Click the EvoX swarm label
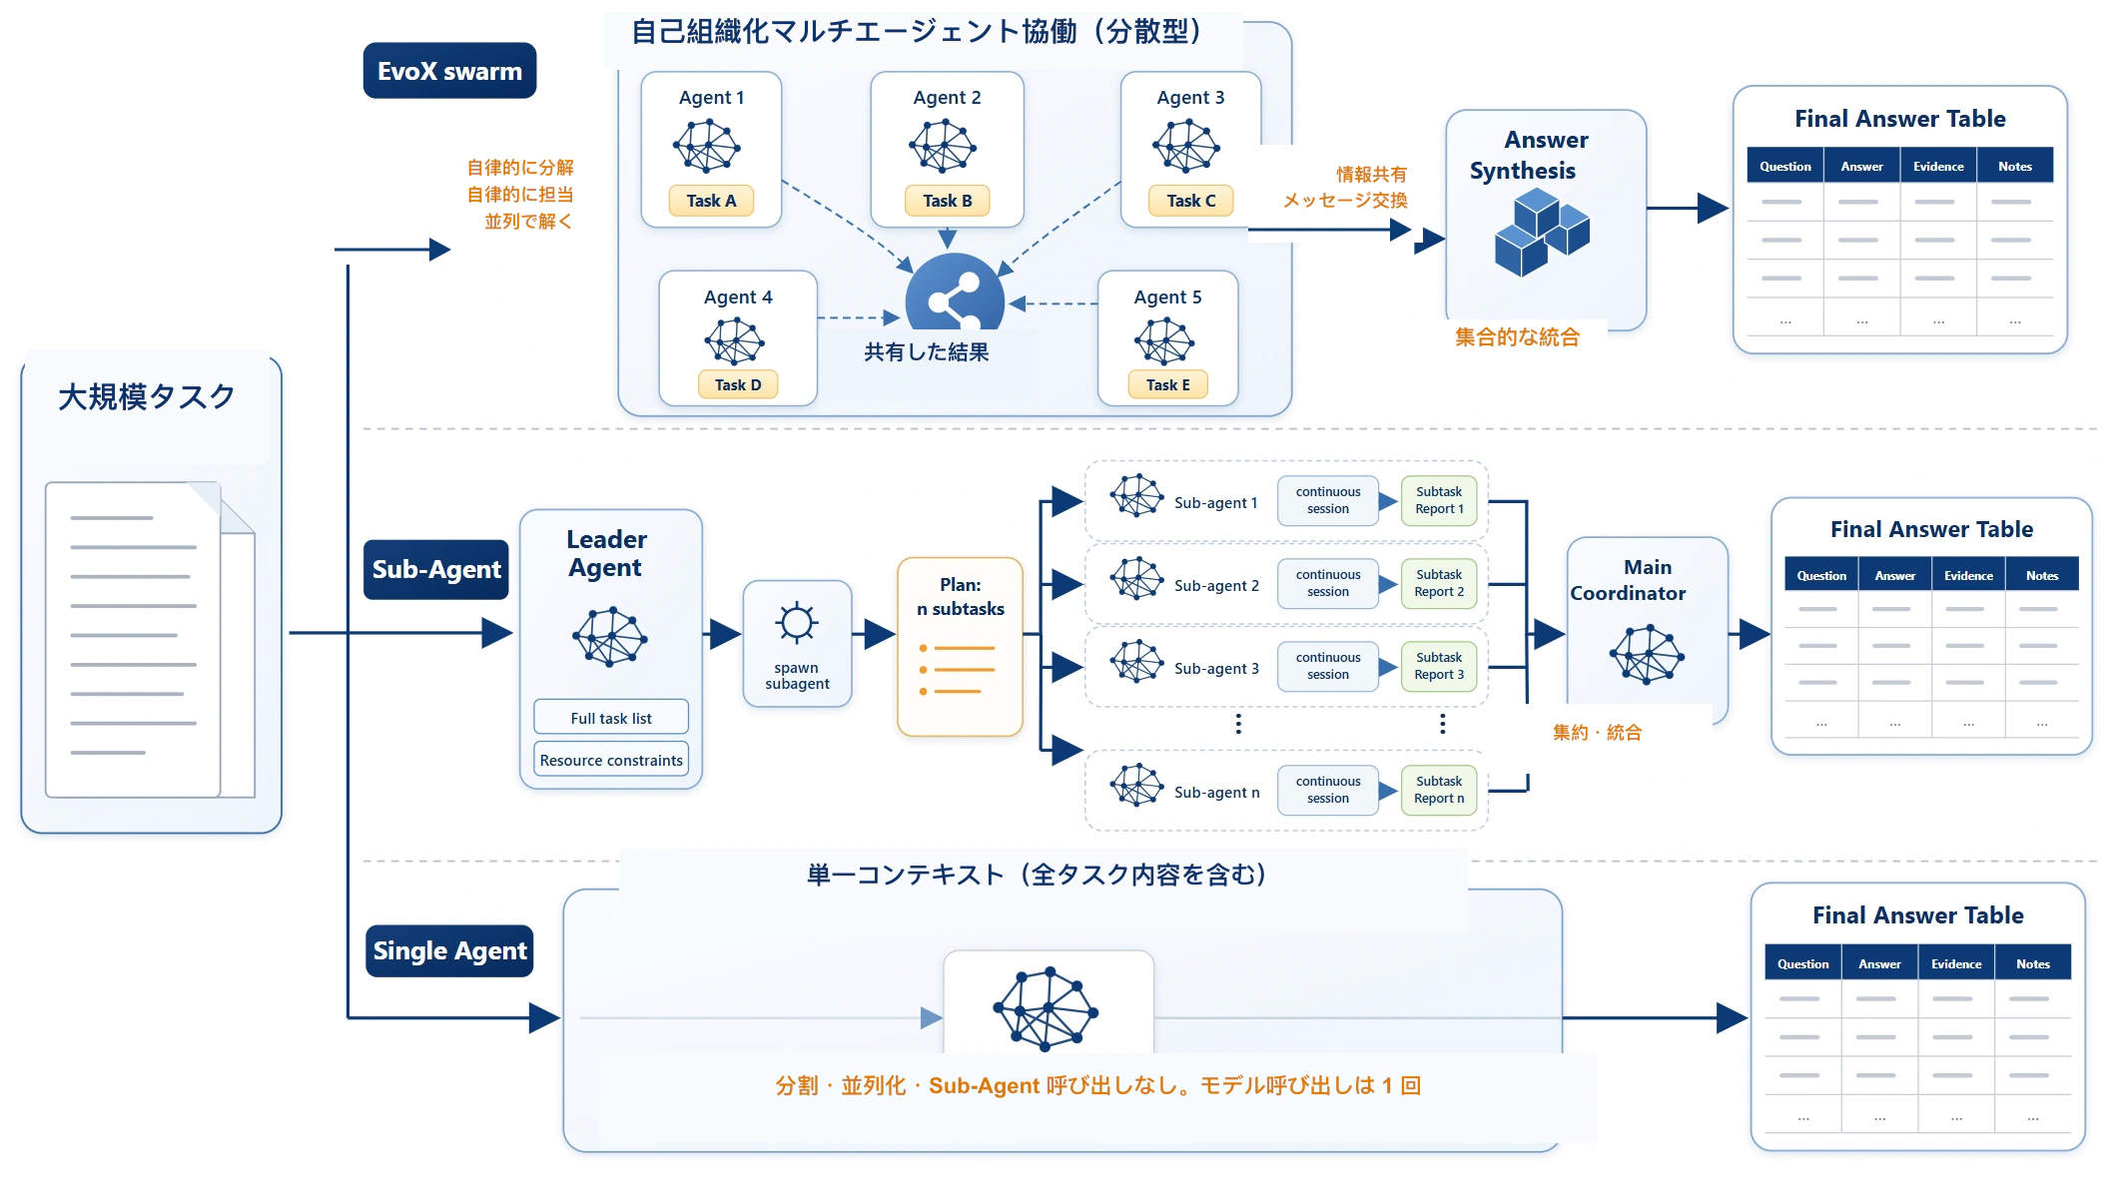(449, 71)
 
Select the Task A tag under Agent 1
(711, 201)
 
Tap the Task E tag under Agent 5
(1167, 384)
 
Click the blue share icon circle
(955, 292)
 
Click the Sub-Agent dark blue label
(436, 569)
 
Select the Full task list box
(611, 718)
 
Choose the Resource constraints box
(611, 760)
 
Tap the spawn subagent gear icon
(797, 623)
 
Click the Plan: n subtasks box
(960, 647)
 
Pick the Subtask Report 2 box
(1439, 583)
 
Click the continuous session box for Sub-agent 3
(1328, 666)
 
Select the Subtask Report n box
(1439, 790)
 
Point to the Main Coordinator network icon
(1647, 654)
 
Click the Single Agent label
(449, 950)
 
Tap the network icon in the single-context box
(1046, 1008)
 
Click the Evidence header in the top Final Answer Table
(1938, 166)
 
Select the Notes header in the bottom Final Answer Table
(2033, 963)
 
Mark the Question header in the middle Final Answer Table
(1821, 575)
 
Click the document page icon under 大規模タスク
(150, 640)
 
